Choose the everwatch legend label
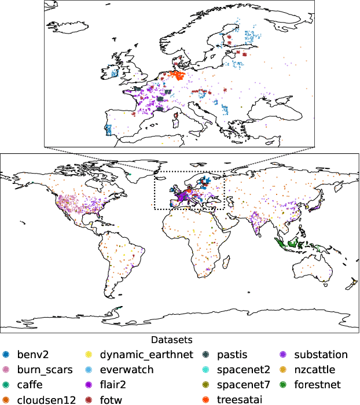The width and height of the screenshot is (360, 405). click(x=127, y=370)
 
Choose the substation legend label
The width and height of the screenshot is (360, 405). click(x=321, y=355)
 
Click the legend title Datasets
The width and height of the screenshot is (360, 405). click(x=171, y=340)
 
